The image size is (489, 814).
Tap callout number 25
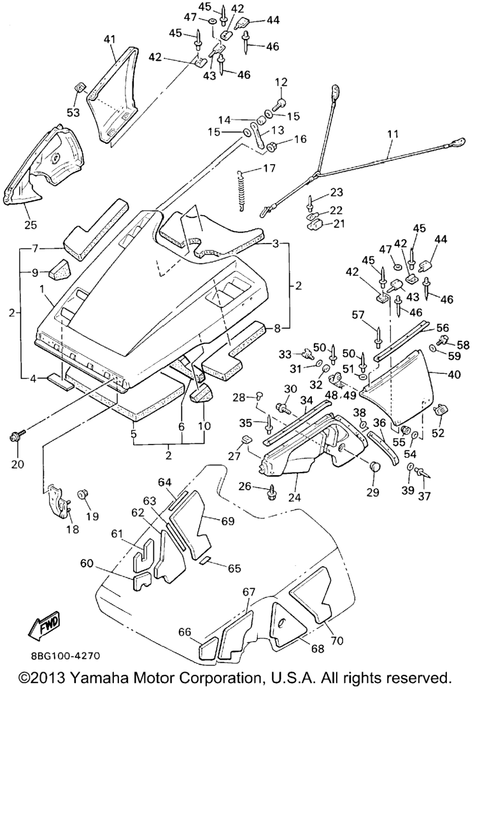tap(31, 224)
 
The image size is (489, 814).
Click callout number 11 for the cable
tap(392, 134)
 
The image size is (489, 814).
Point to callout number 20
tap(17, 464)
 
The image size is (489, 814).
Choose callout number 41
tap(110, 39)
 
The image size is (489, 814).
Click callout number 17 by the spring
tap(270, 169)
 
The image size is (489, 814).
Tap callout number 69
tap(227, 521)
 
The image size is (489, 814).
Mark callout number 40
tap(454, 375)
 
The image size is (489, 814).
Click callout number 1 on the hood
tap(41, 289)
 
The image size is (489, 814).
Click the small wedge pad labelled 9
tap(57, 272)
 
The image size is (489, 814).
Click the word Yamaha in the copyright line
tap(104, 678)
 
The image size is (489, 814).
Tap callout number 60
tap(87, 563)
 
